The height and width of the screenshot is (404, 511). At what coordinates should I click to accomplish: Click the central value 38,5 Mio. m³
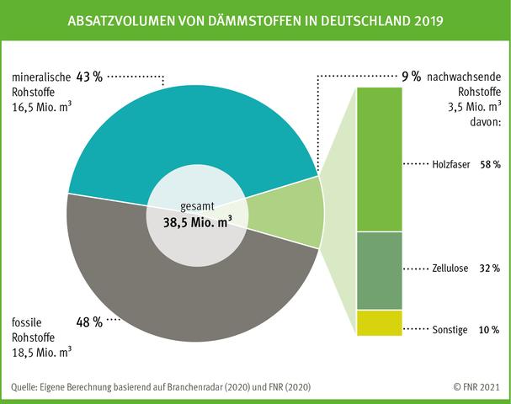pyautogui.click(x=199, y=223)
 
